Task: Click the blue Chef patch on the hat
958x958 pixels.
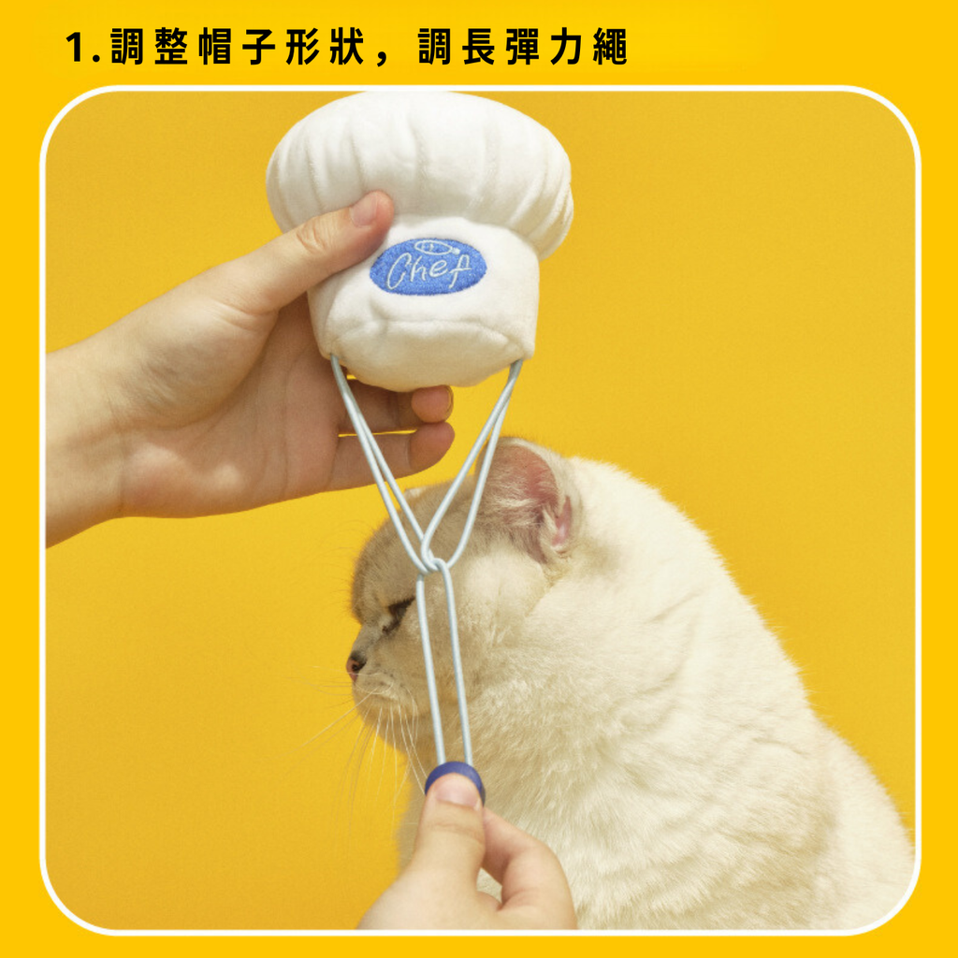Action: point(428,267)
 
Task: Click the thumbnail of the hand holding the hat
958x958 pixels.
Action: point(366,209)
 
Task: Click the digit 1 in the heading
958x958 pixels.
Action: point(76,48)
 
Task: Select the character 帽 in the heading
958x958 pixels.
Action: point(215,47)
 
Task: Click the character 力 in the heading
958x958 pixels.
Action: point(566,47)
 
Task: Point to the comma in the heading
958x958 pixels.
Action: point(383,59)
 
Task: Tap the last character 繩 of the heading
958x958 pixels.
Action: point(610,47)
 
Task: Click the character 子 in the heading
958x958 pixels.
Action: point(259,47)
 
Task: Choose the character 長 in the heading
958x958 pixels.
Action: point(478,47)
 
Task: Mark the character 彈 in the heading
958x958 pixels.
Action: point(522,47)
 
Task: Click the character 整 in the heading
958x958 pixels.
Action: point(172,47)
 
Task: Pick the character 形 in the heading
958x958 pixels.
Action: point(303,47)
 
